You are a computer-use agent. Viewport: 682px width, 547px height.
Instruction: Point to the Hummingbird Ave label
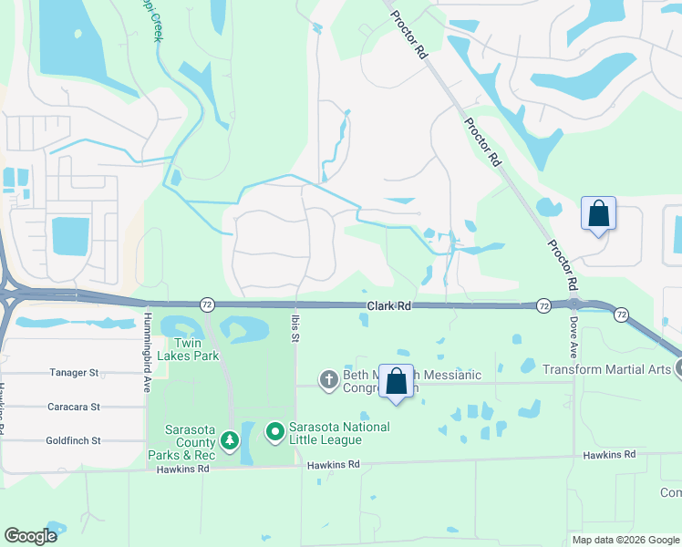coord(147,338)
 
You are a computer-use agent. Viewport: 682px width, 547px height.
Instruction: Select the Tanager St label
coord(74,373)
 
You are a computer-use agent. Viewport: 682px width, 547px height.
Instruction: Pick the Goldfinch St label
coord(72,440)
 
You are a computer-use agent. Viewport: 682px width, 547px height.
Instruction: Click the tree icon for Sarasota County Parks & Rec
coord(232,440)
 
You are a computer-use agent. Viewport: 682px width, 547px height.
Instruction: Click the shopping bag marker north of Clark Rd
coord(598,214)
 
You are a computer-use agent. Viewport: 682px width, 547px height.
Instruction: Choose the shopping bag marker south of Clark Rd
coord(397,383)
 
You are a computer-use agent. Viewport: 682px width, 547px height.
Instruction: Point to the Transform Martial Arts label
coord(607,369)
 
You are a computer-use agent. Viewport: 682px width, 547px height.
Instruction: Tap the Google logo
coord(31,535)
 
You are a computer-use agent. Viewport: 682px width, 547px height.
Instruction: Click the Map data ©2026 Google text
coord(625,540)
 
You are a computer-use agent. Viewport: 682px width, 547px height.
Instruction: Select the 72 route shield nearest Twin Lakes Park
coord(208,304)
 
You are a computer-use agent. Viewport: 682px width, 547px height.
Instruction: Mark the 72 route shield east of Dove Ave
coord(621,314)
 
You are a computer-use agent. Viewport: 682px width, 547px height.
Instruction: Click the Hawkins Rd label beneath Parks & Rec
coord(182,470)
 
